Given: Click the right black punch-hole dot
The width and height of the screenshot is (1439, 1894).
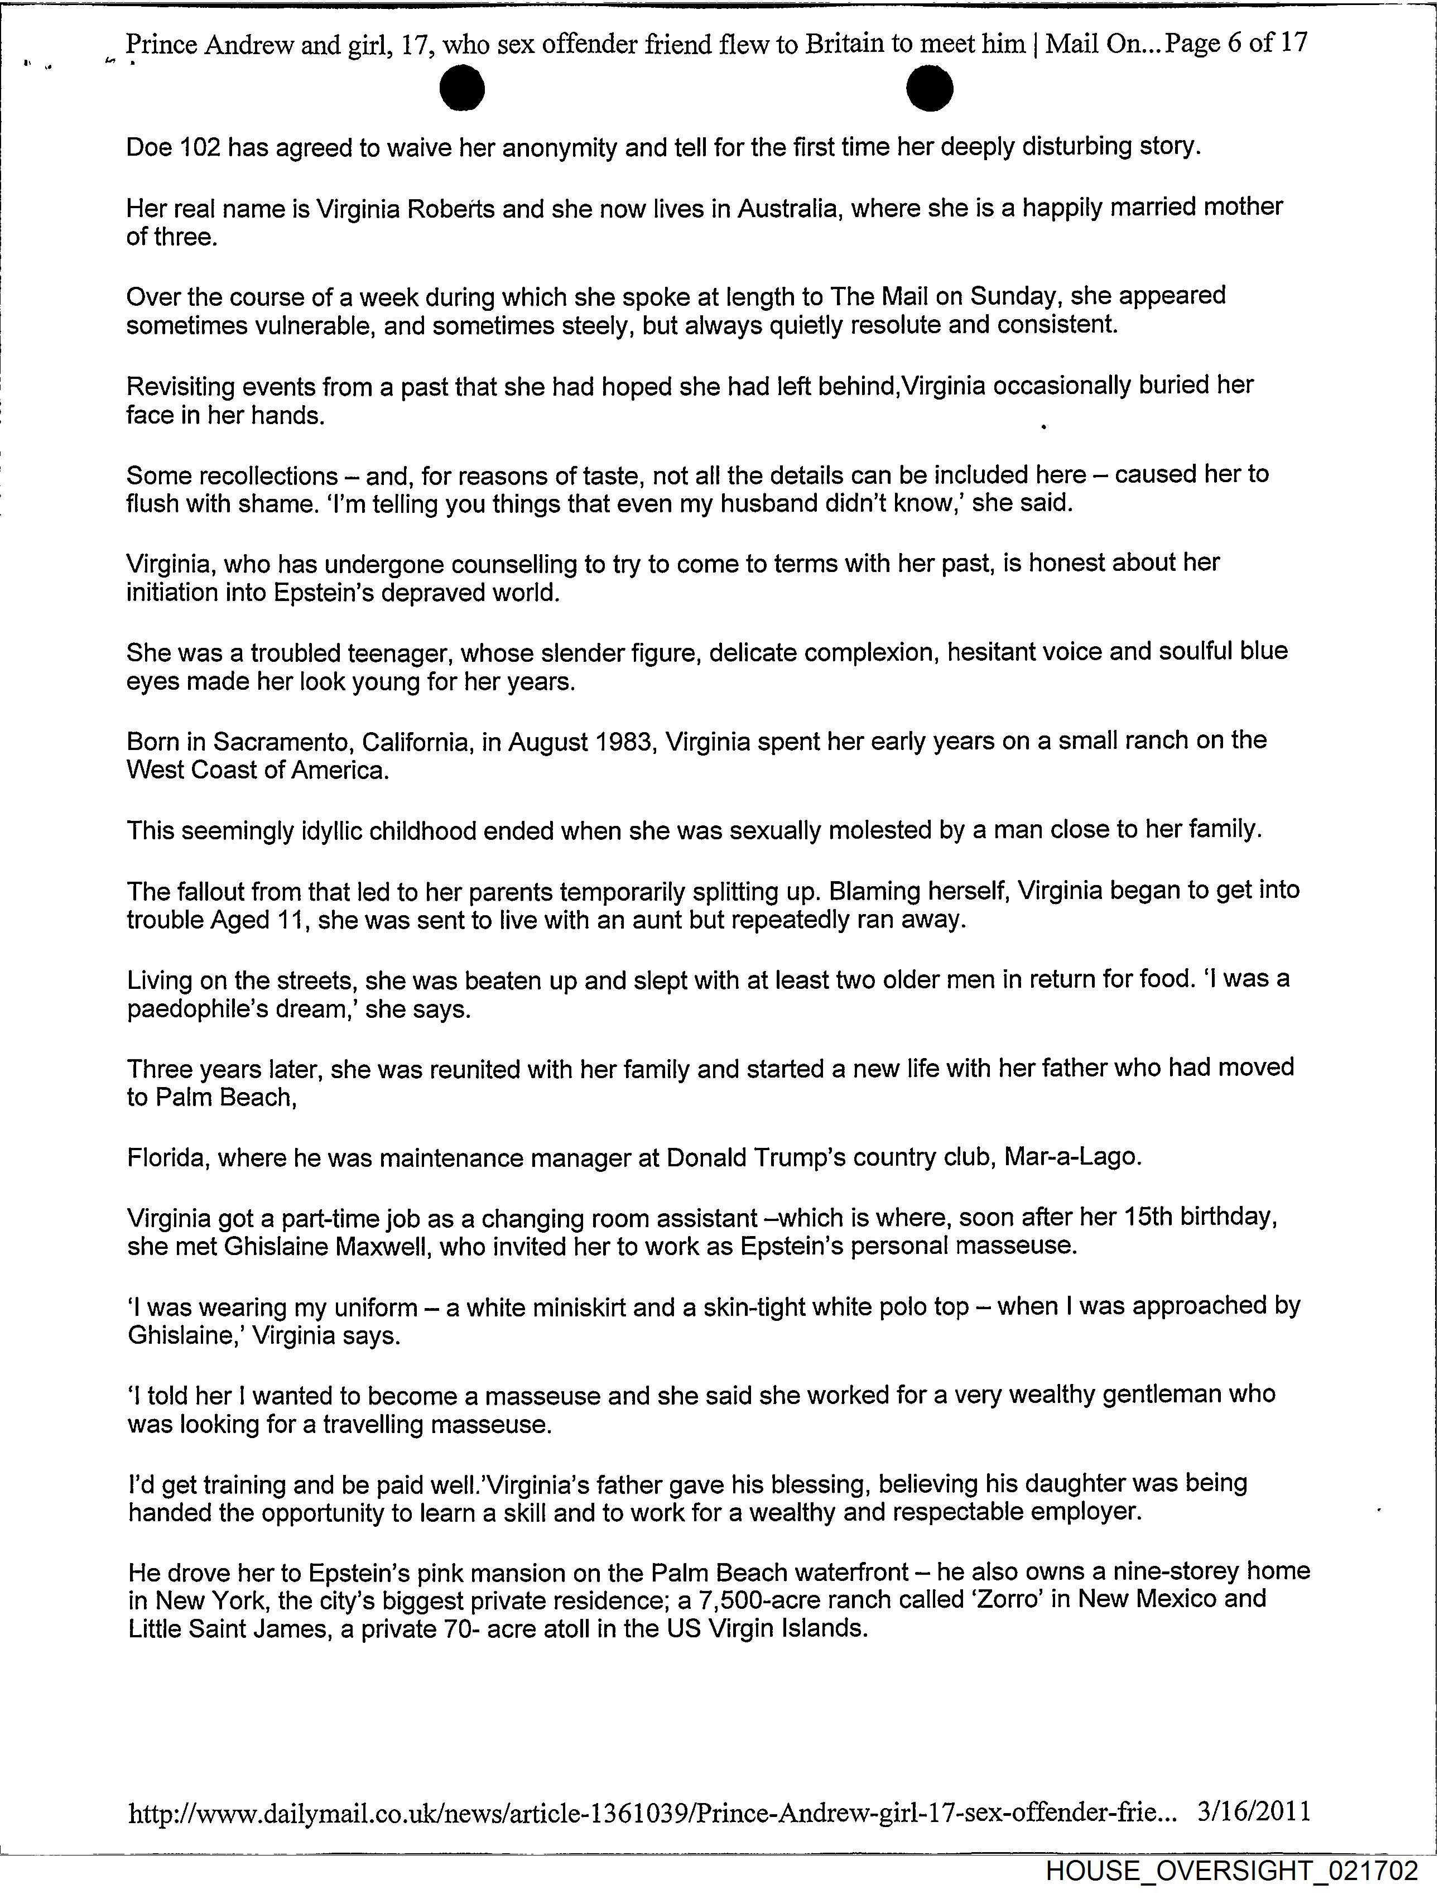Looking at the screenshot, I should [930, 89].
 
